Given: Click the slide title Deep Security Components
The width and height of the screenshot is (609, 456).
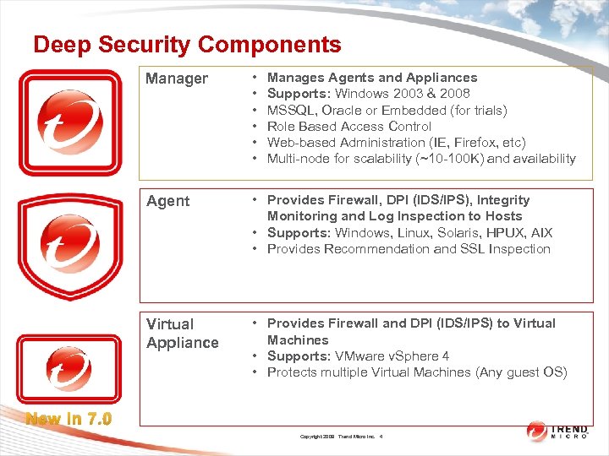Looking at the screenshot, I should [187, 44].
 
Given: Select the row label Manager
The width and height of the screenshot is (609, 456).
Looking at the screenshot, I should [176, 79].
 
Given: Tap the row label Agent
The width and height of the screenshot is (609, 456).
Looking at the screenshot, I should [167, 201].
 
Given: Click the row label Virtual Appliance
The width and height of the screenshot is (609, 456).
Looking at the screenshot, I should [182, 334].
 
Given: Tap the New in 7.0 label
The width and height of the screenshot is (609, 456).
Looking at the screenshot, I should [69, 417].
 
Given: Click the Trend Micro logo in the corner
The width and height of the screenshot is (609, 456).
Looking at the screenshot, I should [562, 431].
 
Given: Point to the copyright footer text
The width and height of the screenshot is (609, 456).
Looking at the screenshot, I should [342, 437].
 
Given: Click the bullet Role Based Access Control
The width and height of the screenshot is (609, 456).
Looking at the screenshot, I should [350, 127].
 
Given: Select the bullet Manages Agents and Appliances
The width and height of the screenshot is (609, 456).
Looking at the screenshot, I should [372, 78].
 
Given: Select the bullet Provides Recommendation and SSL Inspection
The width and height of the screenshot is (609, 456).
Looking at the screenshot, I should [409, 249].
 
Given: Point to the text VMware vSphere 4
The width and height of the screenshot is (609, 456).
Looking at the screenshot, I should [392, 356].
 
